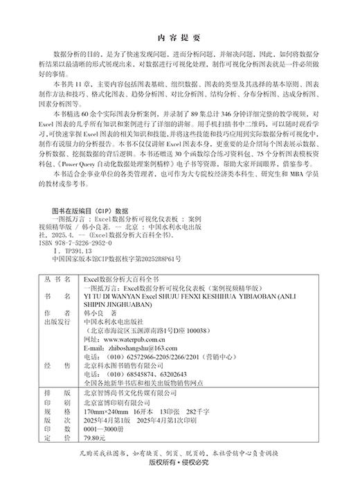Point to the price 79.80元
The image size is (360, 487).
pos(94,438)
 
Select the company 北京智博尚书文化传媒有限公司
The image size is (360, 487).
pos(131,392)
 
